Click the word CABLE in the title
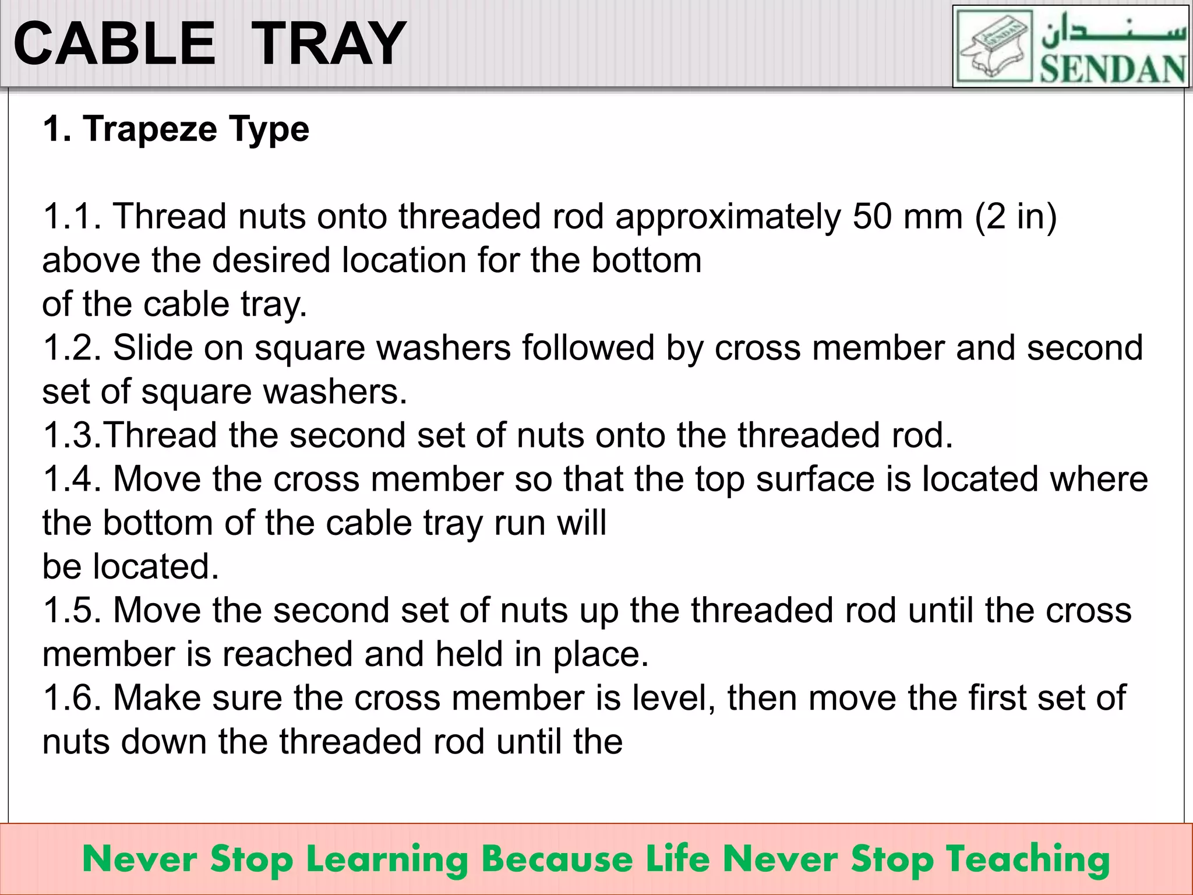114,44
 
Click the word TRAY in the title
329,44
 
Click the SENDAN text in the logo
1113,69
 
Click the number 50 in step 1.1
872,217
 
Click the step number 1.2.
72,348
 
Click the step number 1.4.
72,479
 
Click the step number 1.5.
72,611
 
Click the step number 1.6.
72,698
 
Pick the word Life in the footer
679,859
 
